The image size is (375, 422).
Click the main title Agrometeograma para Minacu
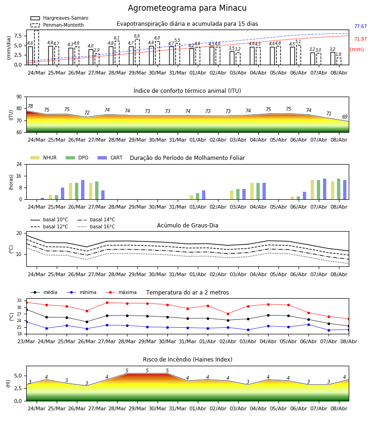[x=187, y=8]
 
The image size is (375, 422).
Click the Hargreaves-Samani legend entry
[x=60, y=18]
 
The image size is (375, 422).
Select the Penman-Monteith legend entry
[x=57, y=25]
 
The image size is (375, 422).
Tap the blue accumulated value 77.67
[x=360, y=26]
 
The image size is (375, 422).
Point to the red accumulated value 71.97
[x=360, y=39]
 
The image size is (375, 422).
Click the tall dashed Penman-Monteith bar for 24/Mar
[x=37, y=48]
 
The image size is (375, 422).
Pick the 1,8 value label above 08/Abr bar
[x=338, y=54]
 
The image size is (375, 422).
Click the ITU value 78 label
[x=30, y=106]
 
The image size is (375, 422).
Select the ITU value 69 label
[x=345, y=117]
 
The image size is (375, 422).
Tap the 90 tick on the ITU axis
[x=19, y=97]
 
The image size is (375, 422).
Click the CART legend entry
[x=110, y=158]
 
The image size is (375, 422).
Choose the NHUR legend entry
[x=44, y=158]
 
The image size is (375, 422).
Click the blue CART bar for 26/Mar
[x=82, y=190]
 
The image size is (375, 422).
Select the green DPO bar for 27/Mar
[x=97, y=190]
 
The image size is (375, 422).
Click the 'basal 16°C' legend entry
[x=96, y=226]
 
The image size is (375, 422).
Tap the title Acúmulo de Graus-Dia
[x=187, y=226]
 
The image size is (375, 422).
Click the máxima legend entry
[x=121, y=292]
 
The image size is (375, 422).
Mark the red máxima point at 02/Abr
[x=228, y=314]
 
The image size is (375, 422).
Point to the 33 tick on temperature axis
[x=19, y=301]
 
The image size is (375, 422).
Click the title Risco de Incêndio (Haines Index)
[x=187, y=360]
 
